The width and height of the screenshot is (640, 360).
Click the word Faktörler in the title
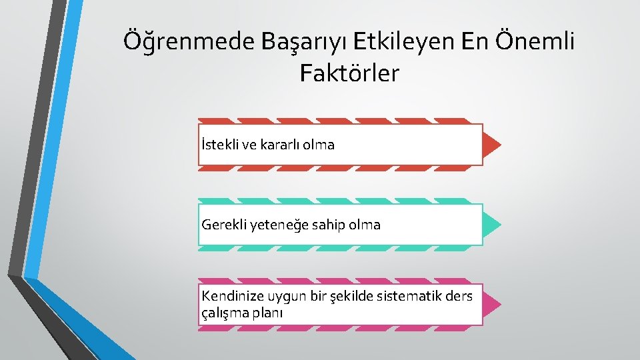tap(349, 73)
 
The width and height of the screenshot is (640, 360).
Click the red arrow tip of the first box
tap(492, 144)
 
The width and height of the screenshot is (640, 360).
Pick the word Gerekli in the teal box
tap(223, 225)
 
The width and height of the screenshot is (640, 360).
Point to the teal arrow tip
tap(492, 225)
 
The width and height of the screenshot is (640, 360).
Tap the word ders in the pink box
tap(461, 296)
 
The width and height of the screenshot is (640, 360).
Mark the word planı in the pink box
tap(267, 312)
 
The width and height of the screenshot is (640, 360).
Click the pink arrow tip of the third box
tap(492, 305)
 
